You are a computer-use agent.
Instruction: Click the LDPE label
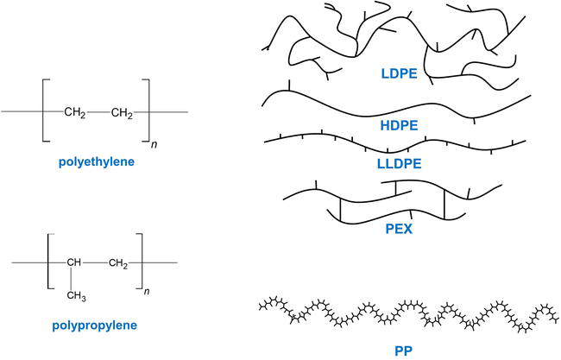tap(399, 74)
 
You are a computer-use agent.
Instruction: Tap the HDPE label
tap(399, 125)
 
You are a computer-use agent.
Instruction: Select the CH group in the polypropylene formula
tap(75, 262)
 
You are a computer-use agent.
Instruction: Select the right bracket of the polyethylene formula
tap(147, 111)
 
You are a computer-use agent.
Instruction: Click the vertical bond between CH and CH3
tap(74, 278)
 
